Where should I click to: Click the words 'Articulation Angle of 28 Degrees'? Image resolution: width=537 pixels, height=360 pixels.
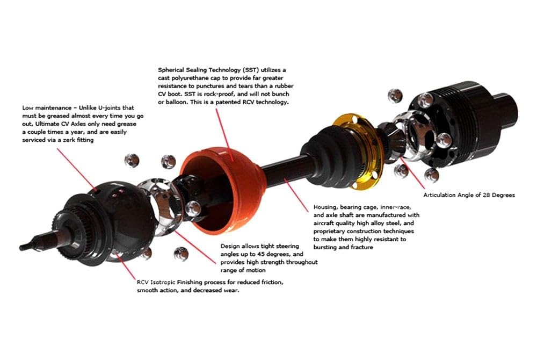point(469,195)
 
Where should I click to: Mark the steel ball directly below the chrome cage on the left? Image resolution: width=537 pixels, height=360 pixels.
point(181,254)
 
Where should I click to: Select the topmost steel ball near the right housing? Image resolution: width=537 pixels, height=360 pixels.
point(395,96)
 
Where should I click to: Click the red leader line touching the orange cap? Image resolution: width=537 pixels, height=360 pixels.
point(224,135)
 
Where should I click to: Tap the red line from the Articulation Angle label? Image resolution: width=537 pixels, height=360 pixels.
point(412,174)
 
